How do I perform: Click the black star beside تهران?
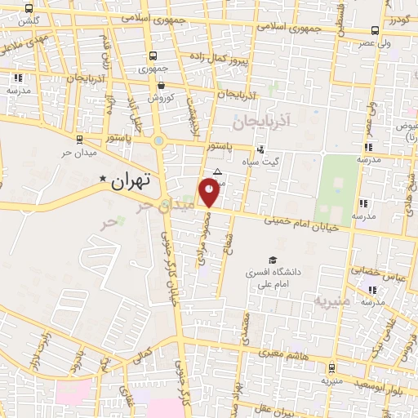point(103,179)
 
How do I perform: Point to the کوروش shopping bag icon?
point(162,85)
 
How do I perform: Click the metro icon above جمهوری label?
point(153,56)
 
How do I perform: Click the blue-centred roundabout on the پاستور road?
point(158,141)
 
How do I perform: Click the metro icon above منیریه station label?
point(331,368)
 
